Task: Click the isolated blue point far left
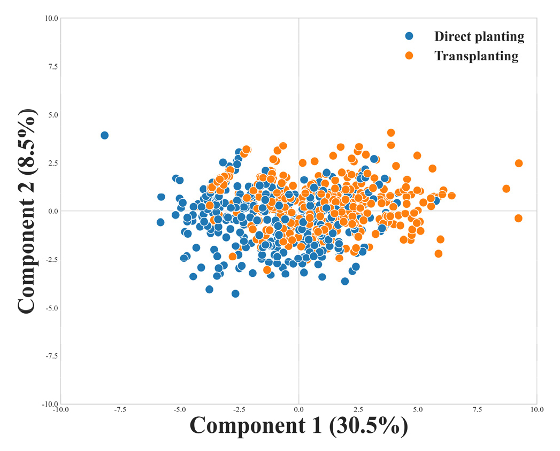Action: (x=105, y=135)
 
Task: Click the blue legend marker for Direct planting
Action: (x=409, y=36)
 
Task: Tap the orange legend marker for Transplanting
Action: (x=409, y=55)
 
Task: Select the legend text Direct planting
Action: (x=479, y=37)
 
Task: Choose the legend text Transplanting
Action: (x=476, y=56)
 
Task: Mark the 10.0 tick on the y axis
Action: (x=51, y=18)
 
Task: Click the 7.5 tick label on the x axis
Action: (x=477, y=410)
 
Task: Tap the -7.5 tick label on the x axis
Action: (x=119, y=410)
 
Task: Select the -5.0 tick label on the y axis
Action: (x=51, y=308)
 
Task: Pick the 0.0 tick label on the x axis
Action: (x=298, y=410)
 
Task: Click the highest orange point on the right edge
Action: (x=518, y=163)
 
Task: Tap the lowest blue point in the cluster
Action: (x=235, y=293)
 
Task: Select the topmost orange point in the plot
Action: (x=391, y=133)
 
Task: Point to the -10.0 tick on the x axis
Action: (x=60, y=410)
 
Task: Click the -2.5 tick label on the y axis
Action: (x=51, y=260)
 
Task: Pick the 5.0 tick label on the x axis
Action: (x=418, y=410)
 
